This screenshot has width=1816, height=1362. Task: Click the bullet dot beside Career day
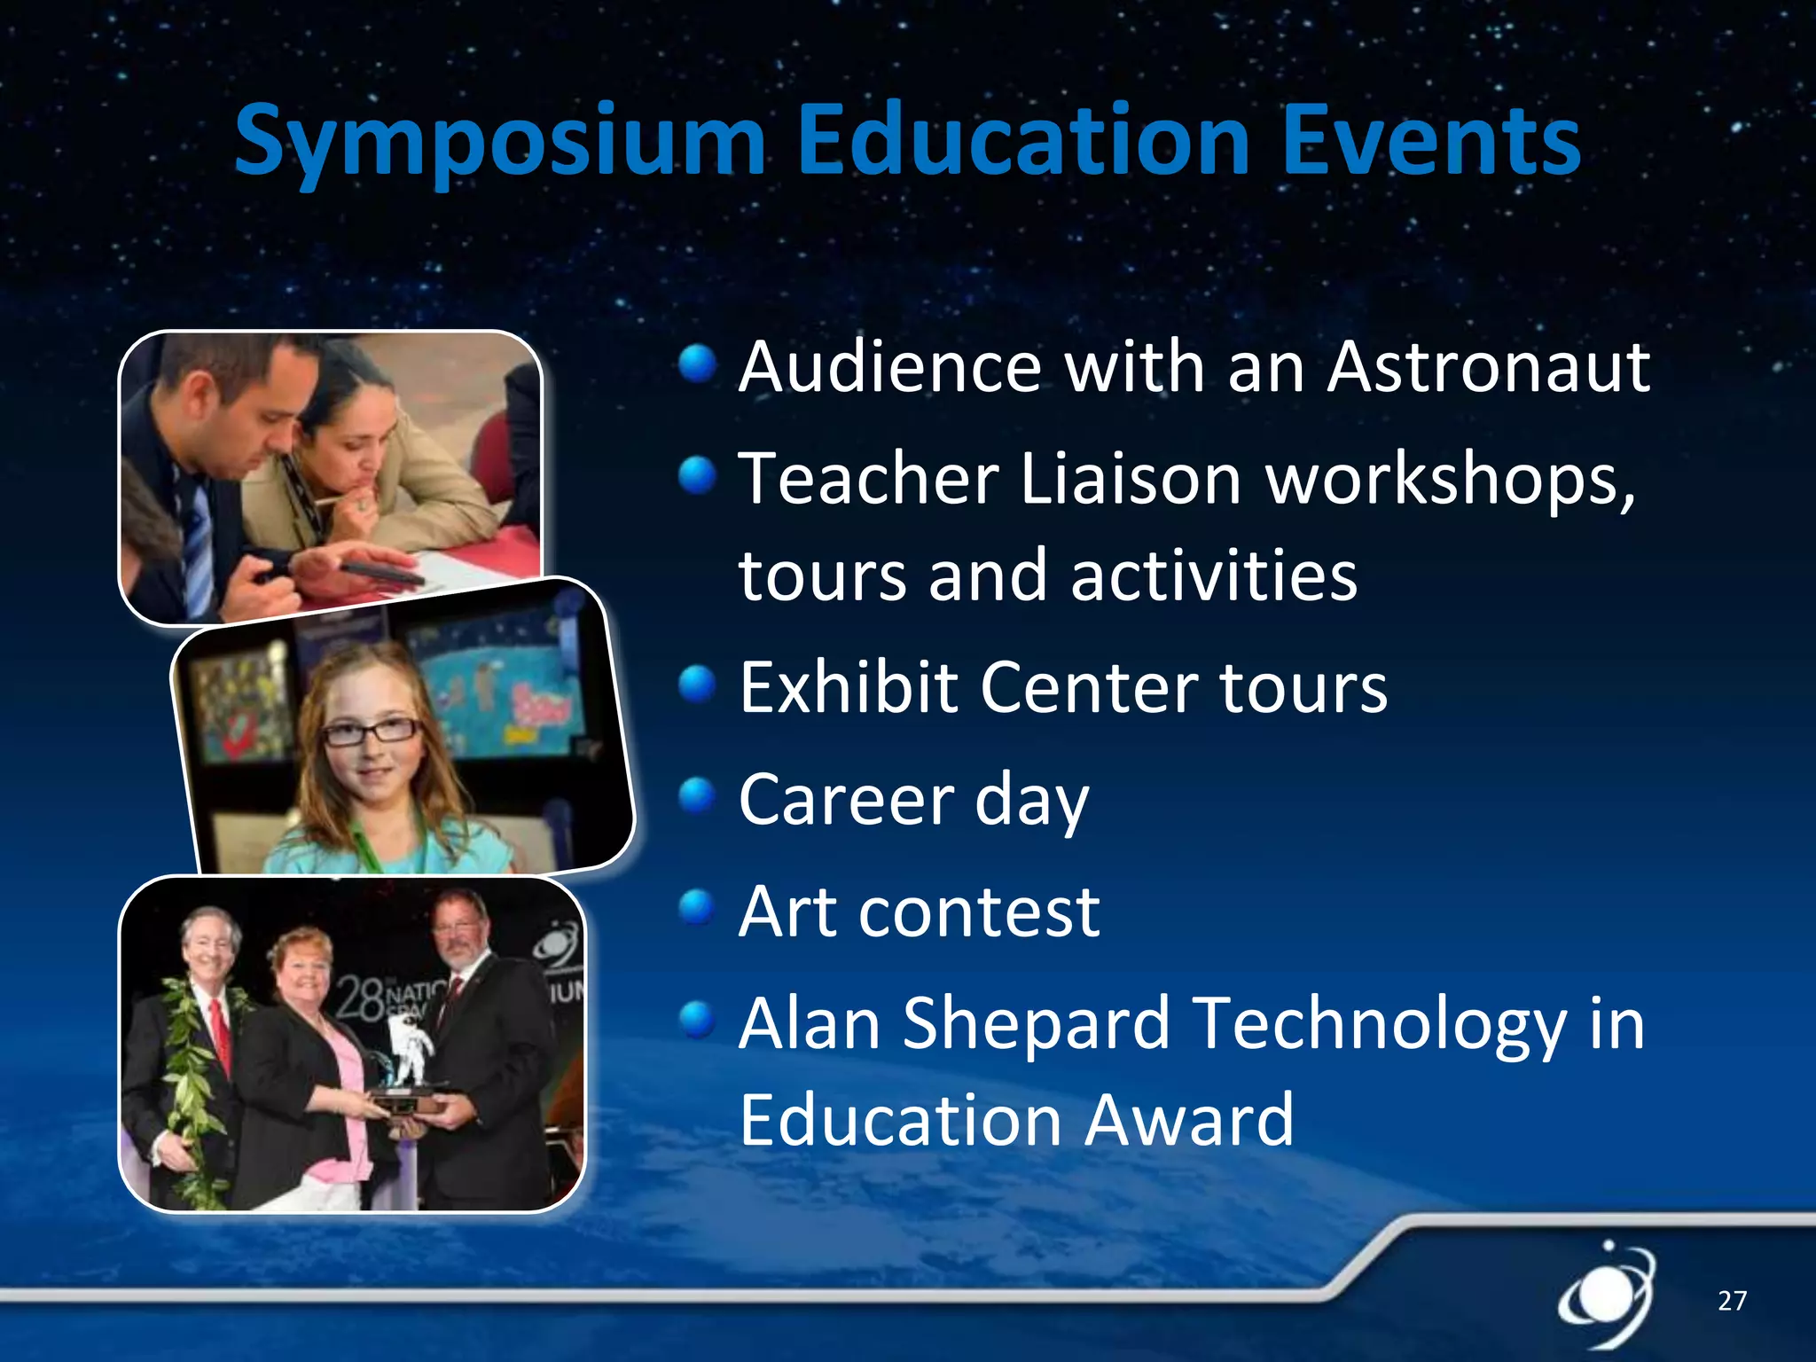click(697, 795)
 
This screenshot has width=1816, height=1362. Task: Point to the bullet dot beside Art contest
click(697, 907)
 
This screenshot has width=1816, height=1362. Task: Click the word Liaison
click(1130, 479)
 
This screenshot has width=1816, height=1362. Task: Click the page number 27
click(1732, 1301)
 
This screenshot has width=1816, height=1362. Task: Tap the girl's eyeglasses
click(372, 732)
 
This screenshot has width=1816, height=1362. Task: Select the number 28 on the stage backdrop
click(359, 998)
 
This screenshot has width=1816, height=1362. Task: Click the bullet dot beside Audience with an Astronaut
click(697, 364)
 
